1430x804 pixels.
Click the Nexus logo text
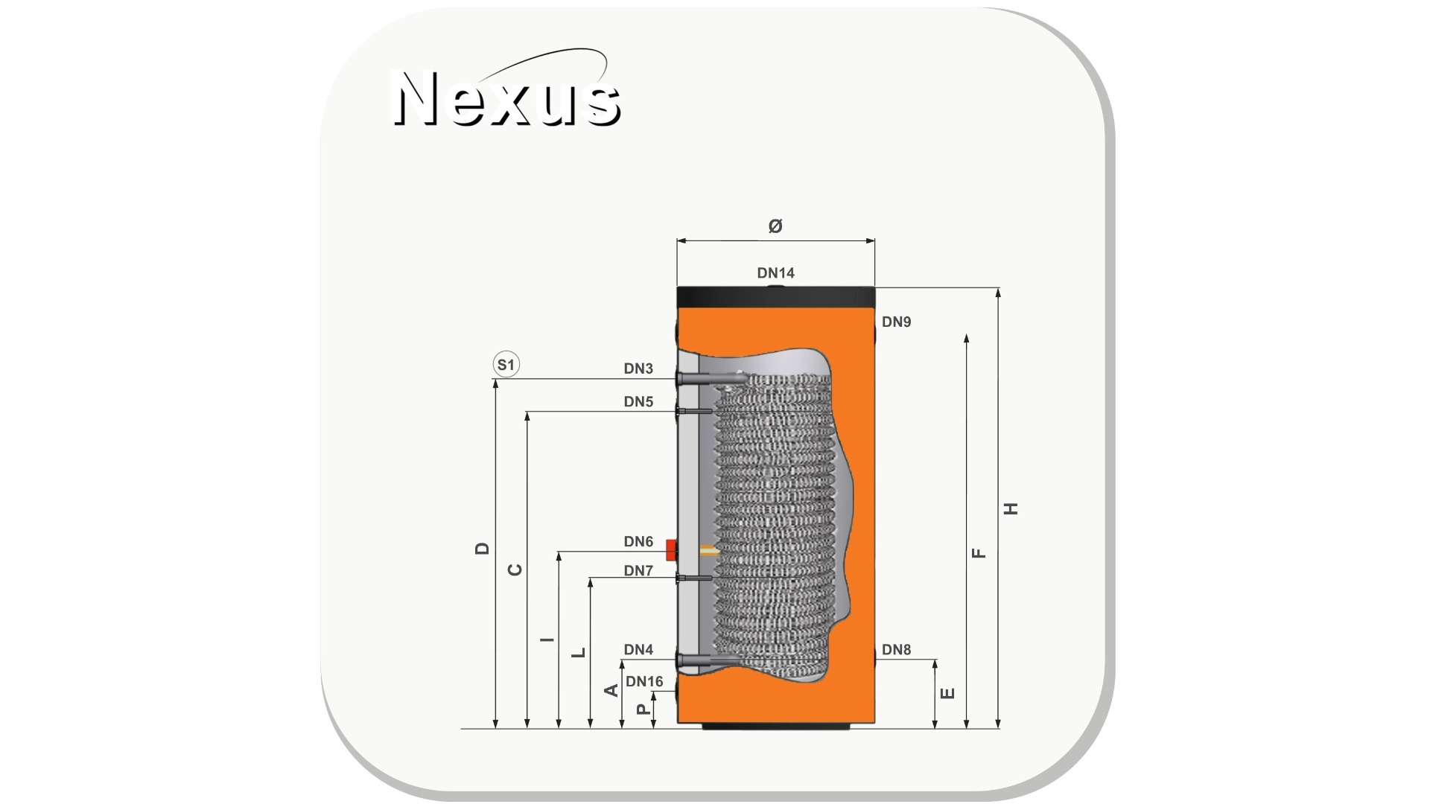coord(506,98)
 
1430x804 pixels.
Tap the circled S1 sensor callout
coord(506,365)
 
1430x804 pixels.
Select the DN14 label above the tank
coord(775,273)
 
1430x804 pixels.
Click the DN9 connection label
coord(896,322)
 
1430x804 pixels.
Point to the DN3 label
coord(638,368)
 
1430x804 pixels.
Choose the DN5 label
coord(638,402)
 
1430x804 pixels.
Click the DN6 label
coord(638,542)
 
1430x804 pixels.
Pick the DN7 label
coord(638,571)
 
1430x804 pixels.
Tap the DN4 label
coord(638,650)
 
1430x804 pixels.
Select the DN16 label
coord(644,682)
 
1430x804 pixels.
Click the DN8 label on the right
coord(896,650)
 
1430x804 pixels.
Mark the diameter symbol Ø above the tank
coord(775,226)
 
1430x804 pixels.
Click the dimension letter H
coord(1011,508)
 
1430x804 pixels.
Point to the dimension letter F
coord(979,553)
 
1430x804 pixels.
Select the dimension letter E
coord(947,693)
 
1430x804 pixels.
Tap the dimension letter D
coord(482,549)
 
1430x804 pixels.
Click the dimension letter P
coord(643,709)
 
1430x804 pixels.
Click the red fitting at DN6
coord(671,551)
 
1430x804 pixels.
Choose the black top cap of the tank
coord(775,297)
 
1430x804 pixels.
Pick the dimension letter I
coord(547,639)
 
